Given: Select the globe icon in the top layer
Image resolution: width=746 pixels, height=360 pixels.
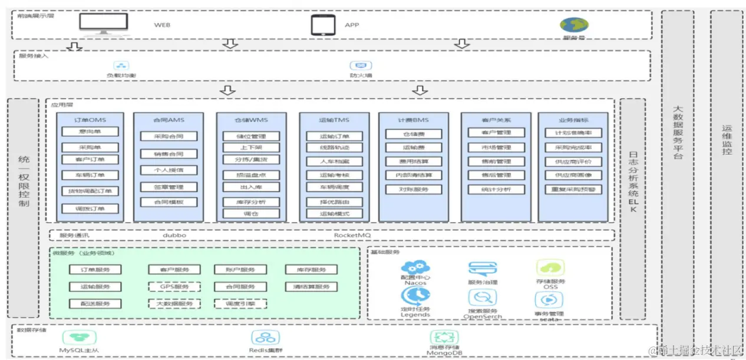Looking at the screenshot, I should point(574,25).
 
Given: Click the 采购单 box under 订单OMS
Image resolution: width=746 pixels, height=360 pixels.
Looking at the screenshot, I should point(90,147).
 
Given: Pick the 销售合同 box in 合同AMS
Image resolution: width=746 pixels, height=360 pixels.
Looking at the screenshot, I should point(169,154).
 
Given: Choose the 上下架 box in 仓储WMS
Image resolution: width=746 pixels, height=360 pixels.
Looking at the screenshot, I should point(251,147).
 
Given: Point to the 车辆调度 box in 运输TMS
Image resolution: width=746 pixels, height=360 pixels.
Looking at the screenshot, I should point(334,188).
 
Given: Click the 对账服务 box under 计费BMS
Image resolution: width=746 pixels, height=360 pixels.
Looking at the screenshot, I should point(414,190).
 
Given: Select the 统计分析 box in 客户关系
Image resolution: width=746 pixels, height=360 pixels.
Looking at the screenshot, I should point(496,189).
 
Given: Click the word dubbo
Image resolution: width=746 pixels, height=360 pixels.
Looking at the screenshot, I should point(174,235).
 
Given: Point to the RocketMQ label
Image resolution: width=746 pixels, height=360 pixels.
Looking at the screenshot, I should point(352,235).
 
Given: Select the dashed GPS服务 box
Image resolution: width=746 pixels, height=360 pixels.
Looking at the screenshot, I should point(174,287).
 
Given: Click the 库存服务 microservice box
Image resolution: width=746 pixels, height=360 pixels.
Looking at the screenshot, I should point(311,270).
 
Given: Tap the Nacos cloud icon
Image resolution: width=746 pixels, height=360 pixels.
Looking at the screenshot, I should point(415,268).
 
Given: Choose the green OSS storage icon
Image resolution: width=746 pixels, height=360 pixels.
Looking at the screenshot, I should point(550,268).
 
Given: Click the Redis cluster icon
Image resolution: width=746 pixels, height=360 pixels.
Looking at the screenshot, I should point(265,338).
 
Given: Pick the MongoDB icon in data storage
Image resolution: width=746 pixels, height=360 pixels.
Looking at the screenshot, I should point(444,338).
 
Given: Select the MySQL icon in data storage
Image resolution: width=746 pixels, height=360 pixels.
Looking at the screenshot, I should point(80,338).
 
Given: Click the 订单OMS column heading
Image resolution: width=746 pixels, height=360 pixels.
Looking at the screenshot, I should point(90,120).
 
